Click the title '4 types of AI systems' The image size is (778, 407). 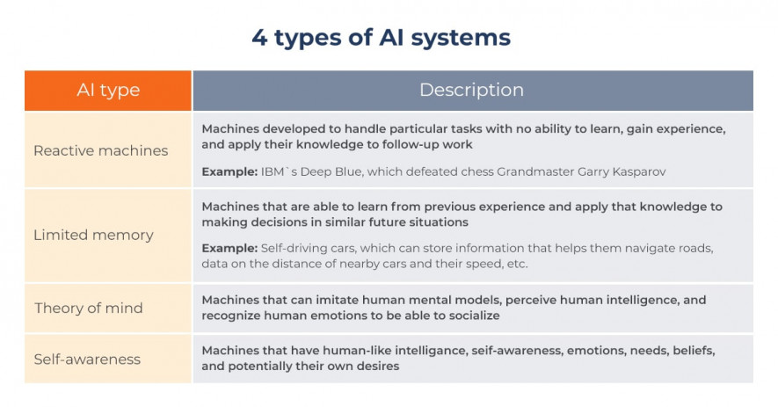(381, 38)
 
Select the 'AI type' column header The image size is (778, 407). (108, 90)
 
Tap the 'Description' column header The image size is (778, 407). (471, 90)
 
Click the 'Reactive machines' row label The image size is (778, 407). (101, 150)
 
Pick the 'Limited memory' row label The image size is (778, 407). (93, 235)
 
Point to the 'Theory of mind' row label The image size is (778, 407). (88, 309)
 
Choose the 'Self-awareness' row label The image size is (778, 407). (87, 360)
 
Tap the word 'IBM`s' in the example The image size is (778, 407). (279, 171)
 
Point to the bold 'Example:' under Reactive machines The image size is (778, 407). (229, 171)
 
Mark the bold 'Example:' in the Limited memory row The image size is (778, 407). (229, 248)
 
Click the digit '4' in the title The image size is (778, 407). (259, 38)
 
